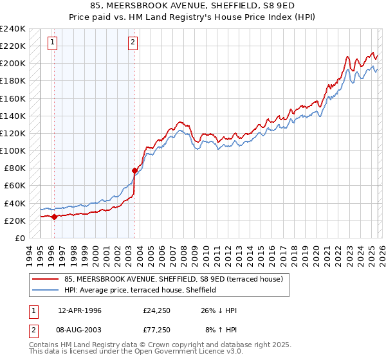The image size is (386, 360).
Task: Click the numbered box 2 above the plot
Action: pos(133,43)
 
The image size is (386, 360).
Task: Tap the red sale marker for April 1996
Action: pos(55,217)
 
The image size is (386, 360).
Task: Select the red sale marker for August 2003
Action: pos(134,170)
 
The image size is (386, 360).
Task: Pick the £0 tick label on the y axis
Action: pos(21,238)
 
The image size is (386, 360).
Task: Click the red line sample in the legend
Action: pos(46,278)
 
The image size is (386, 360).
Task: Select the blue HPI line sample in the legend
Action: pos(46,289)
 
